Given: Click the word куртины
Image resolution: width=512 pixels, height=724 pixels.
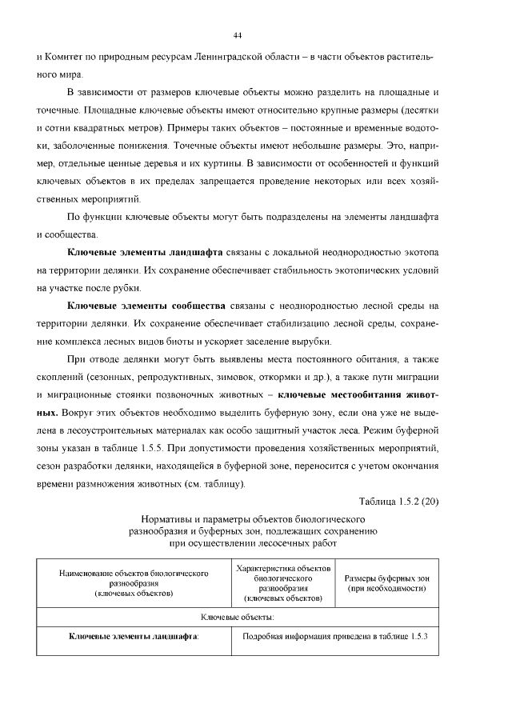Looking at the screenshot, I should click(x=223, y=163).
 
